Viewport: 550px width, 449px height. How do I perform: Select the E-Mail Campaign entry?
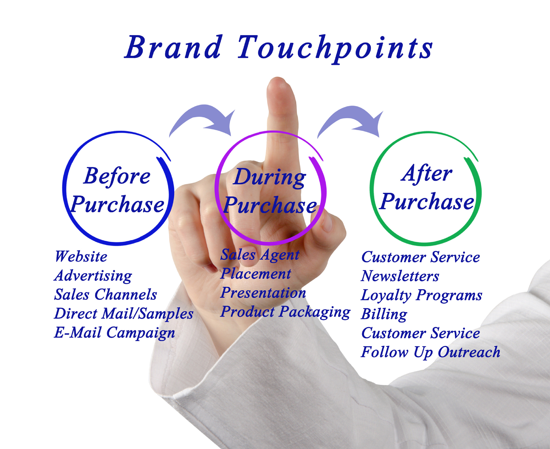114,333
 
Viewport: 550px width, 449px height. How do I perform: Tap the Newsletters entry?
400,276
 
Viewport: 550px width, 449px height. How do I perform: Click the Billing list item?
384,314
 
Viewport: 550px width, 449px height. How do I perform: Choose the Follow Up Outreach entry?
430,352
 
